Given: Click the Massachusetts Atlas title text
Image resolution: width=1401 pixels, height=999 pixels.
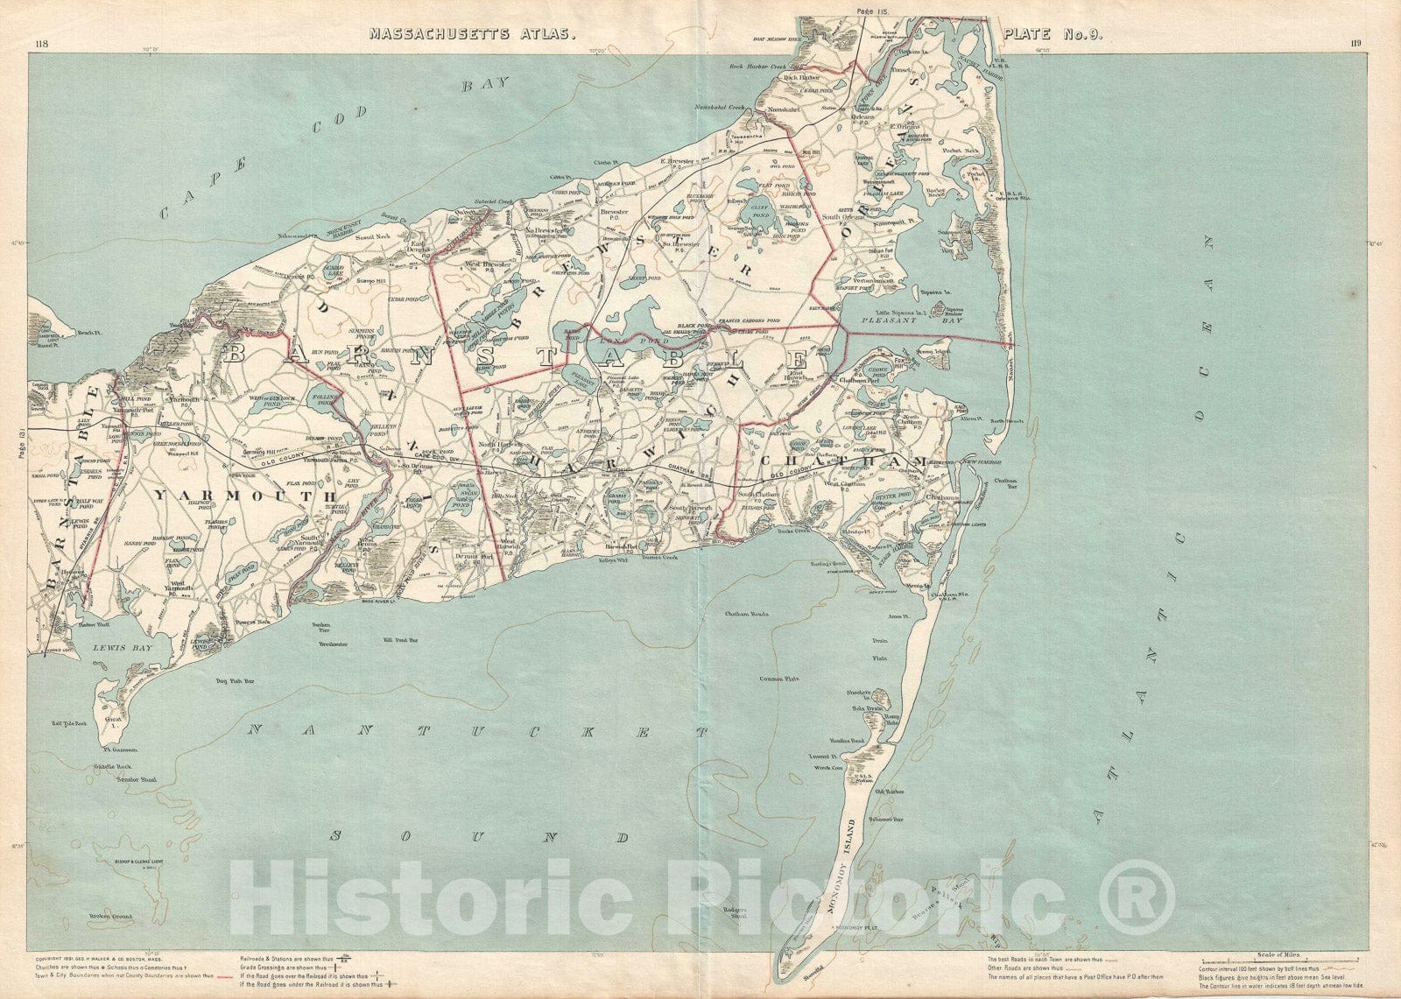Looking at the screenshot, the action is [472, 35].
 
